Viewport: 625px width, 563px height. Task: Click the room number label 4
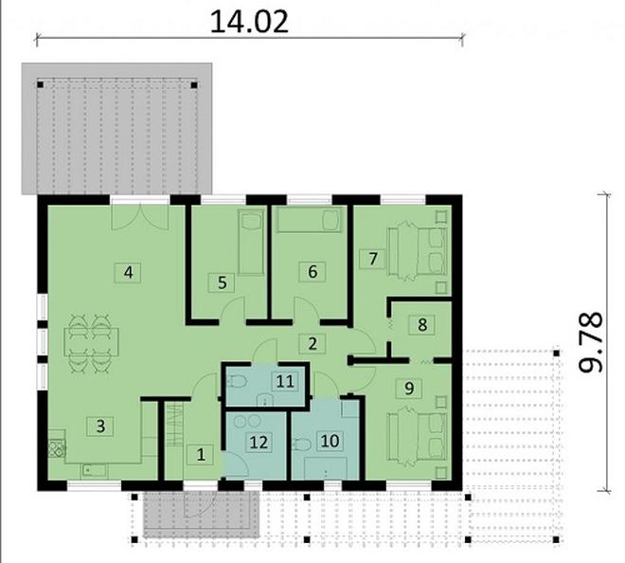coord(127,273)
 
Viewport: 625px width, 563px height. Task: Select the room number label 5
coord(223,281)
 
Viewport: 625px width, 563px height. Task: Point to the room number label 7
coord(373,257)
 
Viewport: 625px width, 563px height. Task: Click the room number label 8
coord(422,323)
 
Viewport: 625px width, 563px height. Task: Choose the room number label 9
coord(408,387)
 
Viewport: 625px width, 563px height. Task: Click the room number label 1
coord(200,454)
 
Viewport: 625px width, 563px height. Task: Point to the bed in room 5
coord(249,244)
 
